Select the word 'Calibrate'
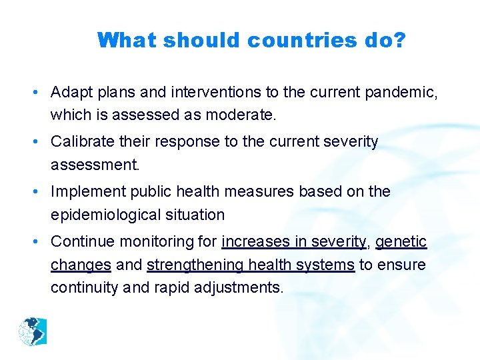[79, 142]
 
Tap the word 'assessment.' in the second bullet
[95, 165]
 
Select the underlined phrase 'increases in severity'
[294, 242]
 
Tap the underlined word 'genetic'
[401, 242]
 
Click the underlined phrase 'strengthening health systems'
[251, 265]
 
